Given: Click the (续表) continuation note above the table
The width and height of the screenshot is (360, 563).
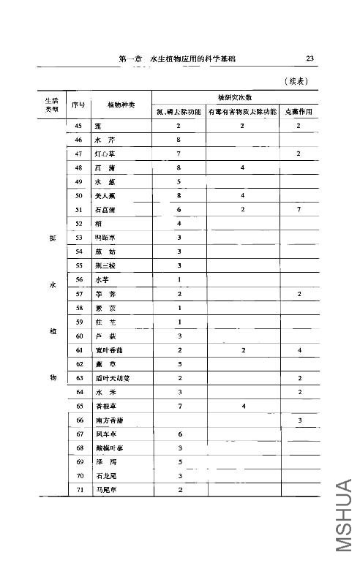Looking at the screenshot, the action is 296,82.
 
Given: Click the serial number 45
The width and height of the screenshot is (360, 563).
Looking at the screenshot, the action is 78,126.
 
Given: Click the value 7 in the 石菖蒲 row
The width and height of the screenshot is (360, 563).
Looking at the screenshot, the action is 299,210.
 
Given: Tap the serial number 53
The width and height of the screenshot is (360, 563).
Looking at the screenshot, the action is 78,238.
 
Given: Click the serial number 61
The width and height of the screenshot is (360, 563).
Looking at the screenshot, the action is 78,350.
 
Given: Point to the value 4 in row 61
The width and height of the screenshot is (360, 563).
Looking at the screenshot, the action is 299,350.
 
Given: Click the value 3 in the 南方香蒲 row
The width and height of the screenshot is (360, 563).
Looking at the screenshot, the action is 299,420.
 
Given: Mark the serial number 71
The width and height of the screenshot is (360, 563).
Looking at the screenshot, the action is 78,489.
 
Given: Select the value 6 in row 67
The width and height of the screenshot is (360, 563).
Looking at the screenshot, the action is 179,434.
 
